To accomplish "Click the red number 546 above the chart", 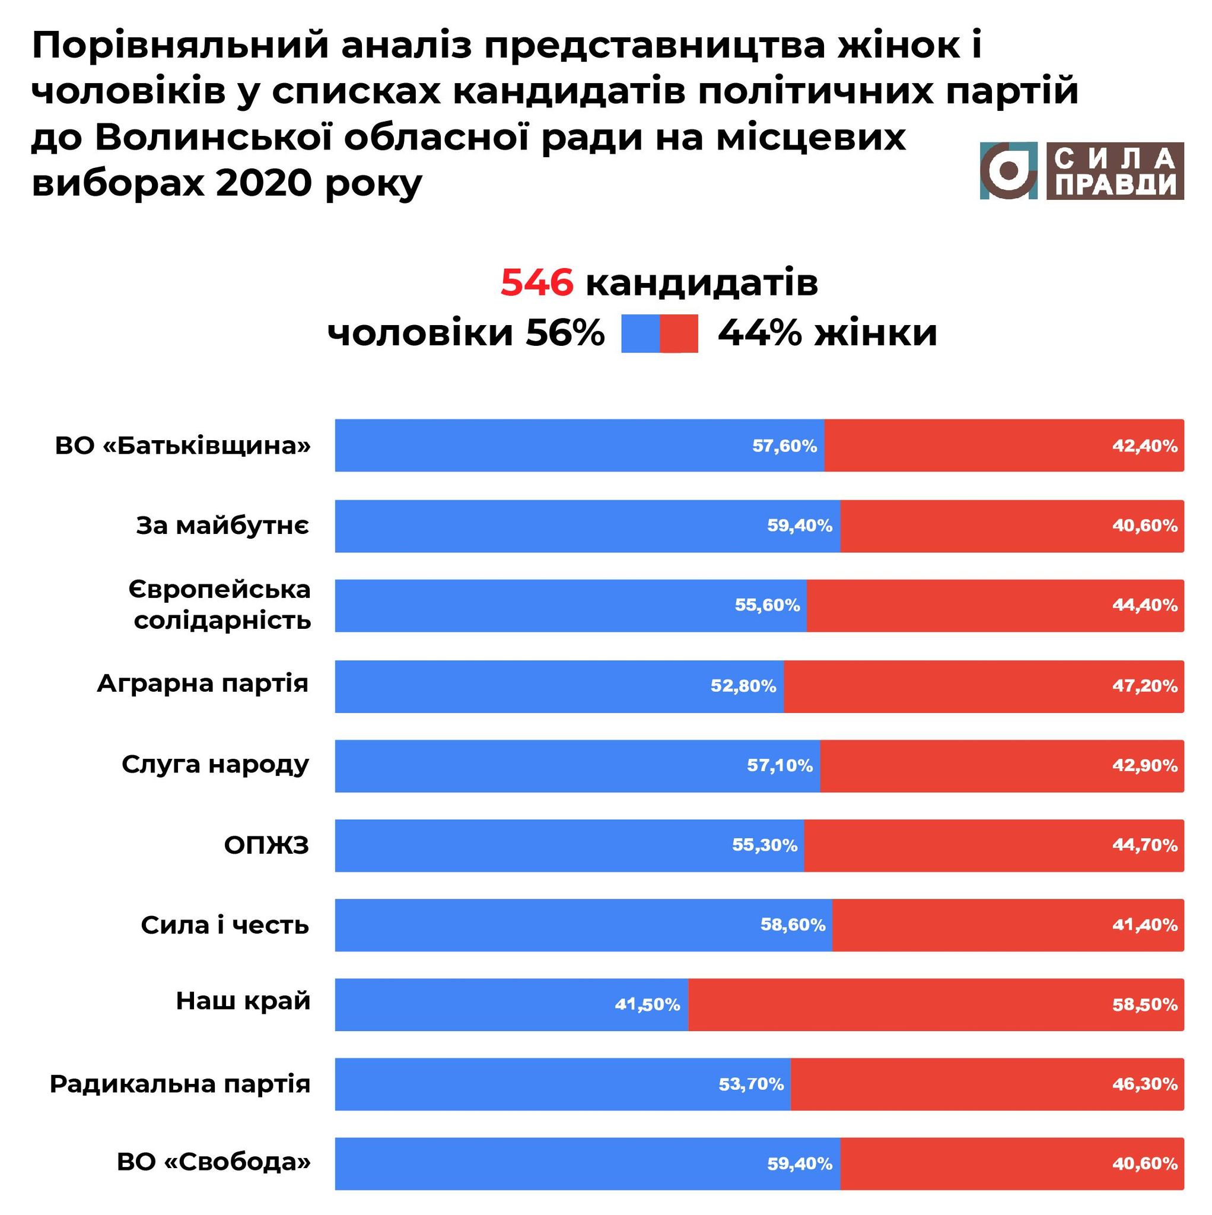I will [x=536, y=282].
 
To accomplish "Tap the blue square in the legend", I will [x=640, y=333].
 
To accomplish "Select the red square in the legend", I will [x=679, y=333].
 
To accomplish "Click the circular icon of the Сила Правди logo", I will [x=1008, y=171].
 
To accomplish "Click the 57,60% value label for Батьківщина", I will [x=784, y=446].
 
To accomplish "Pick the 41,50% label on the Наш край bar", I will [x=647, y=1004].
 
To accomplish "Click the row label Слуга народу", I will [x=215, y=765].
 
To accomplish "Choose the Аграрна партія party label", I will [x=202, y=683].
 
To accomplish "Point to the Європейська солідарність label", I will [x=220, y=605].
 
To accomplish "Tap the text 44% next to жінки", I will [x=760, y=333].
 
